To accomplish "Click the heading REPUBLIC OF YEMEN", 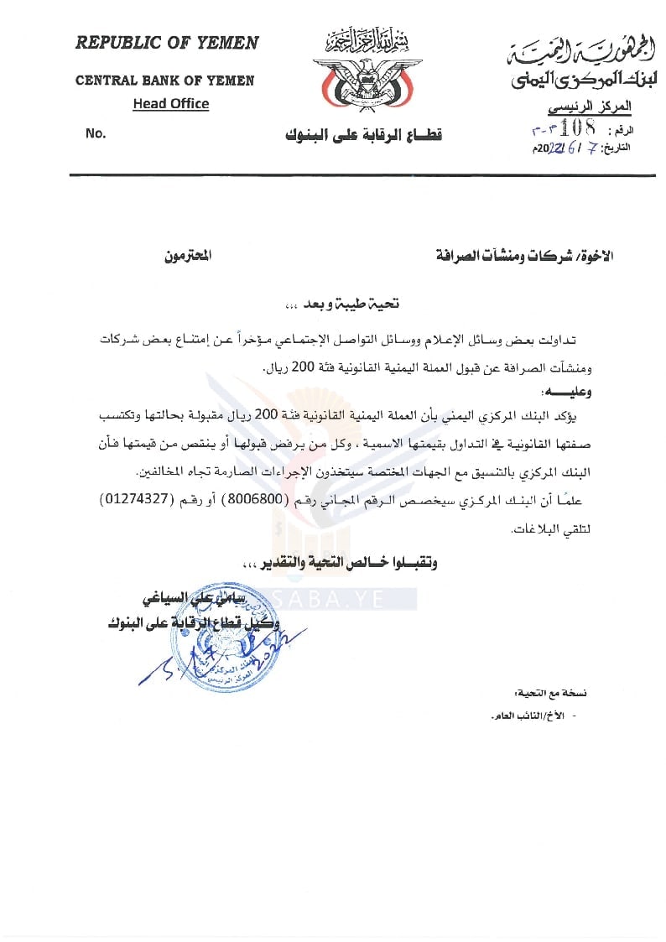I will (x=167, y=44).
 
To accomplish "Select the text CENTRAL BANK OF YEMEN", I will (x=164, y=81).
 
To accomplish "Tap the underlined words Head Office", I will (x=170, y=104).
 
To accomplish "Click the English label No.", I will (x=95, y=133).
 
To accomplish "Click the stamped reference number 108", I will (x=578, y=128).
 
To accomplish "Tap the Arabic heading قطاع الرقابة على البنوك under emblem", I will (x=363, y=135).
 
